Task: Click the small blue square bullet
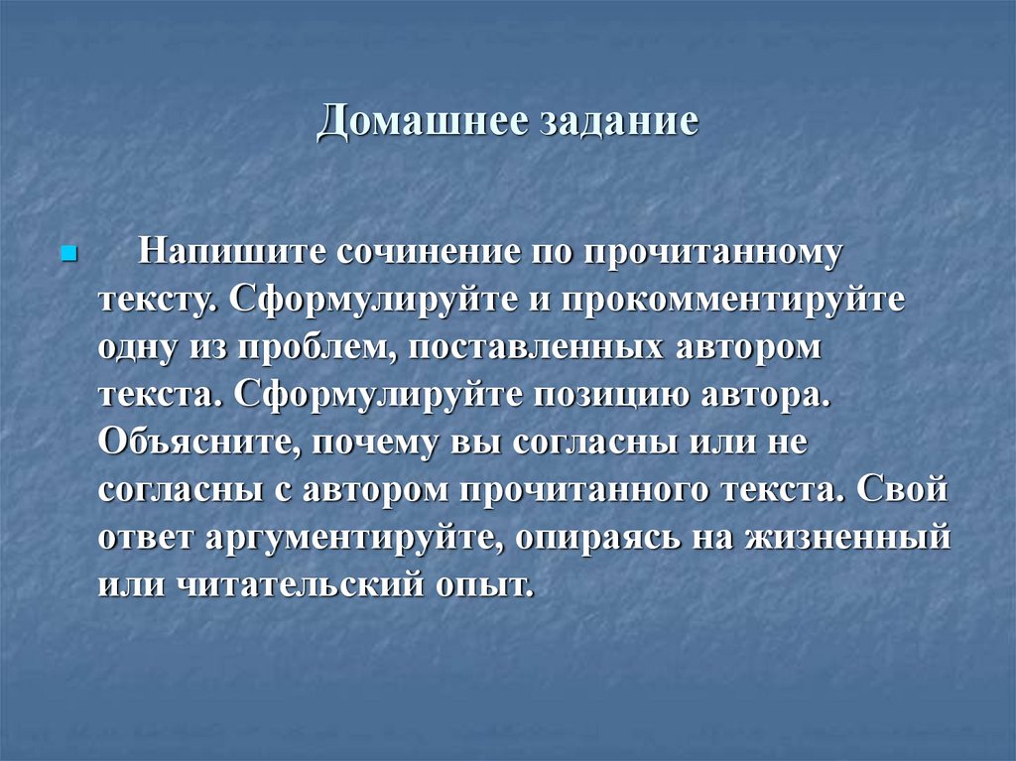(68, 253)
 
